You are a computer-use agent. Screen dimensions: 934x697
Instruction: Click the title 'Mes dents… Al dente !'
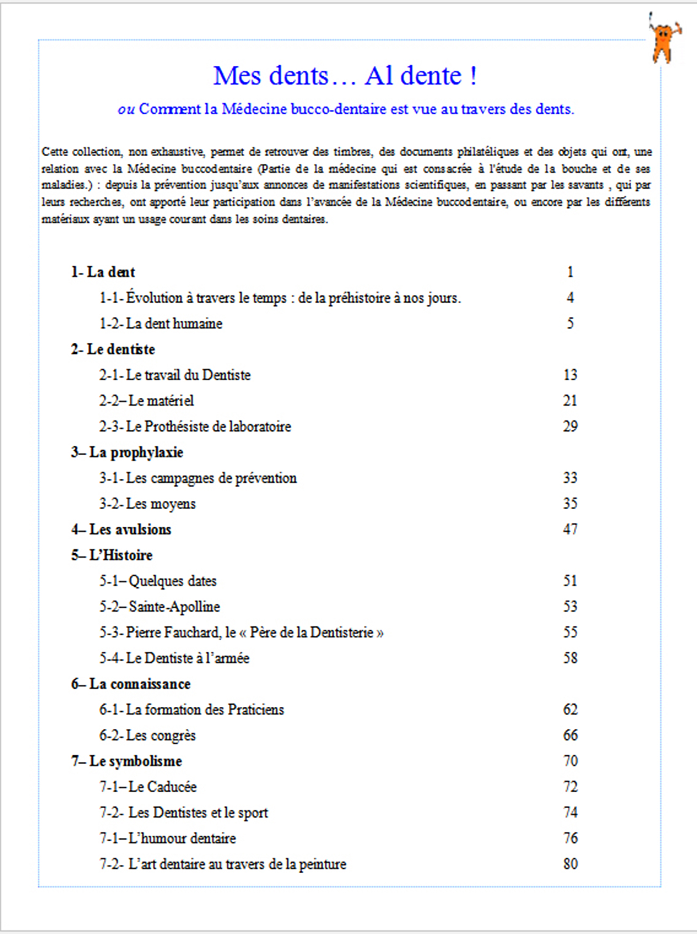(x=345, y=75)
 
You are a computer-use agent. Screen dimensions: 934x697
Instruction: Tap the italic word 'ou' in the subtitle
(x=126, y=109)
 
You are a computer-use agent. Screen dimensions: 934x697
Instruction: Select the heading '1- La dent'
(x=103, y=272)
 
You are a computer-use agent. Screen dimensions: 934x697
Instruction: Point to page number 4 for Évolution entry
(x=570, y=298)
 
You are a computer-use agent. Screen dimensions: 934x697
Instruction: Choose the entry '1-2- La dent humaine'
(x=161, y=324)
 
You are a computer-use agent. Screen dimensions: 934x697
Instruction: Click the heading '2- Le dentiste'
(x=113, y=349)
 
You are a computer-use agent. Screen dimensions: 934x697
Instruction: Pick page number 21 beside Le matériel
(x=570, y=401)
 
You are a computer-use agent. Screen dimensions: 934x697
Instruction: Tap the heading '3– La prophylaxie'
(x=127, y=452)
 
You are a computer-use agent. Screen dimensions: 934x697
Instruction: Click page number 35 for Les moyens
(x=570, y=504)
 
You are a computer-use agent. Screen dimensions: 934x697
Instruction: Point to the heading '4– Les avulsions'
(x=121, y=529)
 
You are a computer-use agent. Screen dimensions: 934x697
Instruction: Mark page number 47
(x=570, y=529)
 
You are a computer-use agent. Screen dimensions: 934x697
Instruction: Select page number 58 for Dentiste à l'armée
(x=570, y=658)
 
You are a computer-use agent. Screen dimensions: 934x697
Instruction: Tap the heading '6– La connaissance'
(x=131, y=684)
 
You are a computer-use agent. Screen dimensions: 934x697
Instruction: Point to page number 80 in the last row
(x=570, y=864)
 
